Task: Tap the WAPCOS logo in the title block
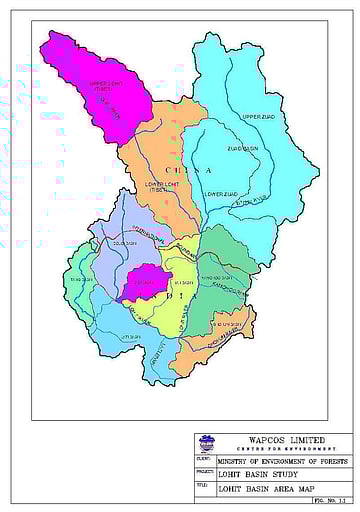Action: click(x=207, y=441)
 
